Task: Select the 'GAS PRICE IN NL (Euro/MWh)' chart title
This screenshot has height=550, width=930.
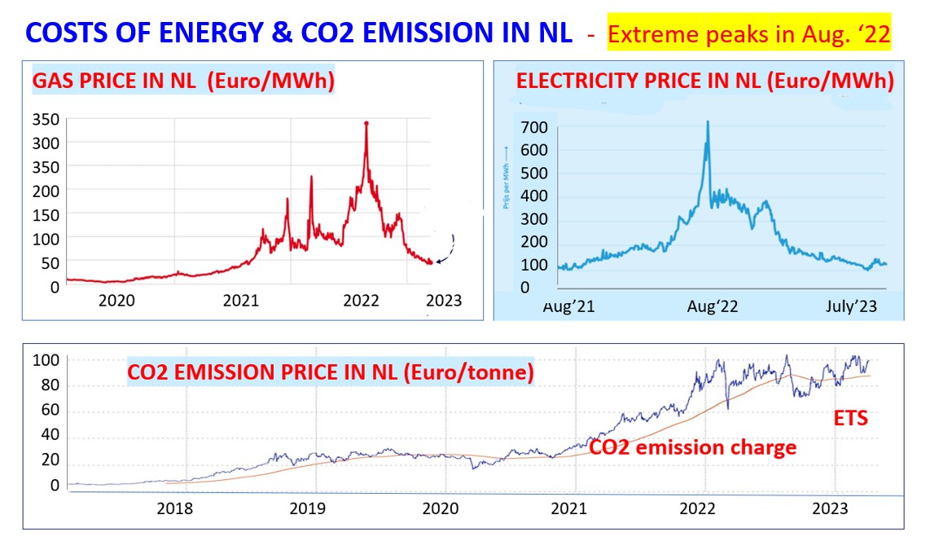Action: [x=183, y=82]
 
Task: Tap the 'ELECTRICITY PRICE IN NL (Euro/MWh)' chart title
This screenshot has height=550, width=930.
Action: [x=705, y=81]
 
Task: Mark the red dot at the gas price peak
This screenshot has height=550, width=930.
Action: [x=366, y=123]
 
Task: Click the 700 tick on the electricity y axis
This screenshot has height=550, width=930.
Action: [x=536, y=127]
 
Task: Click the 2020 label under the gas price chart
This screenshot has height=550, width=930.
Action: [x=116, y=301]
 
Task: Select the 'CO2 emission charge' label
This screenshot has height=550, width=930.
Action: [x=692, y=447]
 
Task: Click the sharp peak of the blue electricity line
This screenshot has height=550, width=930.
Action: [x=707, y=122]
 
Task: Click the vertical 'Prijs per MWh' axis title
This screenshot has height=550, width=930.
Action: [x=506, y=177]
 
